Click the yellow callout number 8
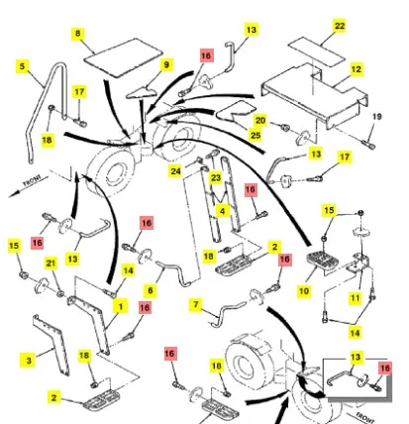[x=77, y=34]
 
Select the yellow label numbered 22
[x=340, y=26]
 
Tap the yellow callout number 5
[x=22, y=66]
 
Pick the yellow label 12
[x=356, y=69]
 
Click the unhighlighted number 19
[x=377, y=116]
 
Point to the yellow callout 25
[x=256, y=135]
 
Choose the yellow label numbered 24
[x=175, y=171]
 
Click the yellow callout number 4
[x=223, y=211]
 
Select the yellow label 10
[x=304, y=291]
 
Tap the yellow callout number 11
[x=355, y=298]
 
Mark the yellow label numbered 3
[x=29, y=360]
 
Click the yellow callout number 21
[x=51, y=264]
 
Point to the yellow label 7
[x=196, y=304]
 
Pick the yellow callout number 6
[x=151, y=290]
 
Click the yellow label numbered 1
[x=121, y=306]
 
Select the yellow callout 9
[x=166, y=64]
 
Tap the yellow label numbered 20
[x=260, y=120]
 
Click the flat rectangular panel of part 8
[x=123, y=57]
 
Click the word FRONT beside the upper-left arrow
[x=32, y=180]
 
